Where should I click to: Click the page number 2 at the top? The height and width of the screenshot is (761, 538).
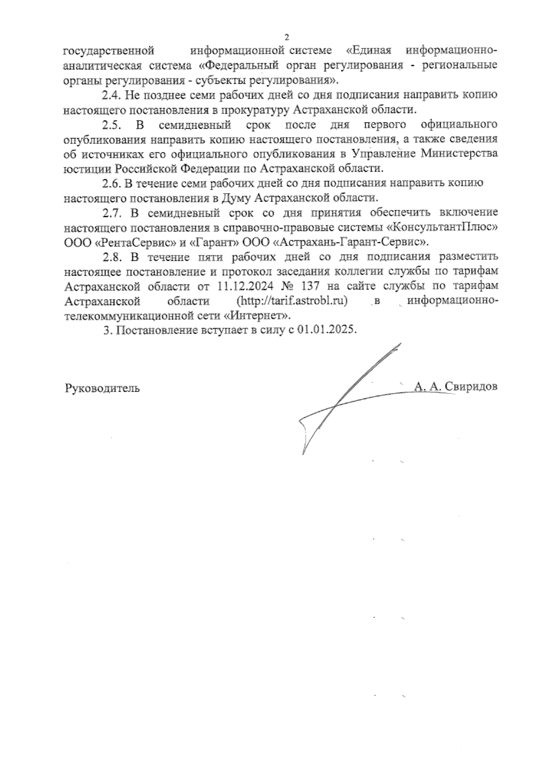287,38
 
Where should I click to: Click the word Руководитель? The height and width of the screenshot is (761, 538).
102,388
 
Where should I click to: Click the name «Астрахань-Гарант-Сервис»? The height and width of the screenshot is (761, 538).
351,242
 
